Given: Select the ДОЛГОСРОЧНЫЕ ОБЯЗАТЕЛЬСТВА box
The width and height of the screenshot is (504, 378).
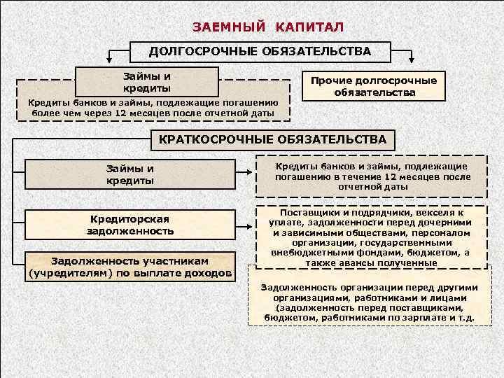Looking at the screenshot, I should point(260,51).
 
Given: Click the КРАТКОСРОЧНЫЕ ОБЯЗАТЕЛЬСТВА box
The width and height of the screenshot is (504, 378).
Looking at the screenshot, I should point(272,140).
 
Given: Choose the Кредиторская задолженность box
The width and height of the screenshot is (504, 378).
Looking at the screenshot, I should point(130,224).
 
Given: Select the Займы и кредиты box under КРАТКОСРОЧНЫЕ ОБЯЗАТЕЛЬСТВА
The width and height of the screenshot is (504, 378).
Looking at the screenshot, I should point(130,175).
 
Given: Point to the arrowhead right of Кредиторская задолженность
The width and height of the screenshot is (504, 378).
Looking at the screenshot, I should point(251,227).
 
